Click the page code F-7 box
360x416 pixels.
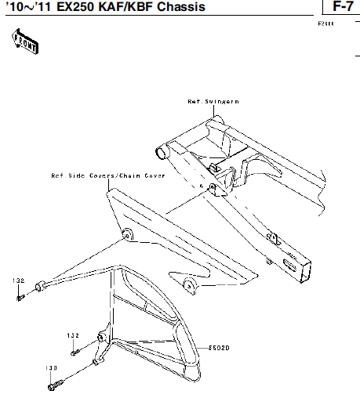click(341, 7)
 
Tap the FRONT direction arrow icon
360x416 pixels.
click(25, 42)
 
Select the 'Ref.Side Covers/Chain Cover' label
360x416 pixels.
click(108, 176)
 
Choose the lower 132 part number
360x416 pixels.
click(73, 335)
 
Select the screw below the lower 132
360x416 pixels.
click(75, 352)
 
